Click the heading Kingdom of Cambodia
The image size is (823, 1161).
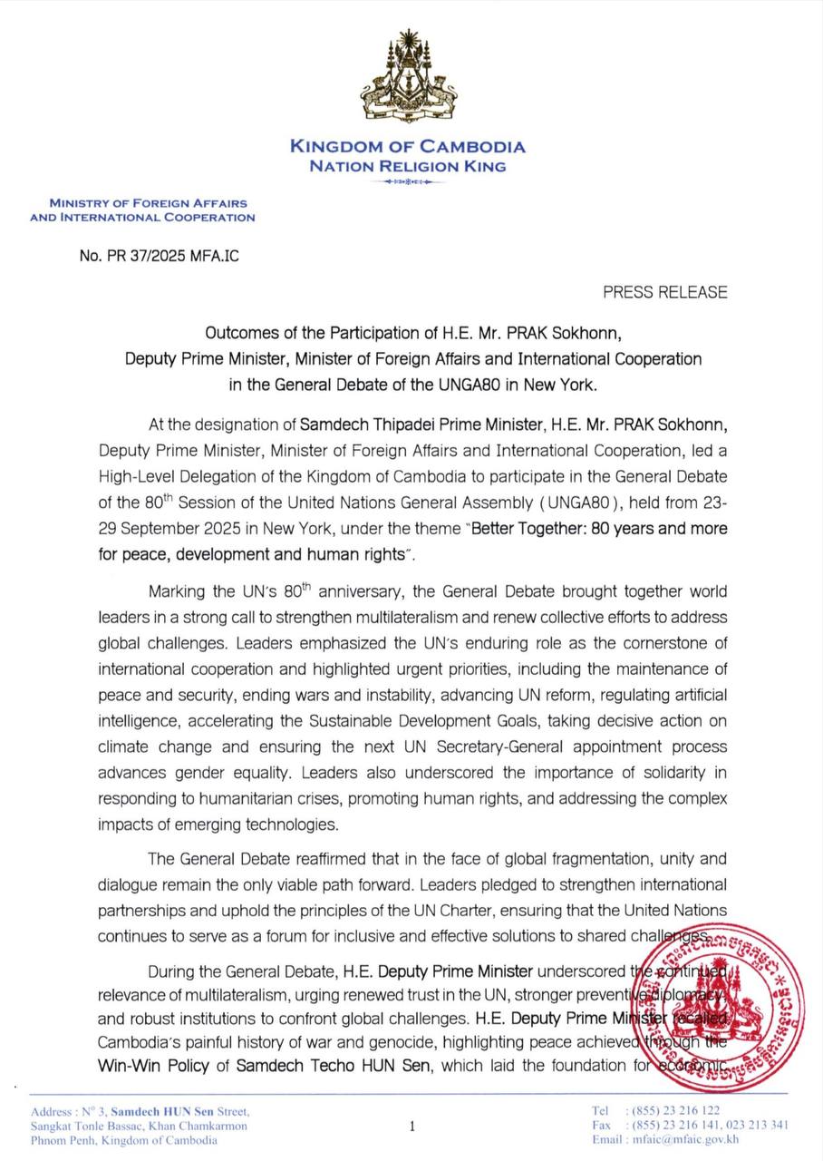(x=407, y=147)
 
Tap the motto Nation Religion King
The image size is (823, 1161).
(x=407, y=166)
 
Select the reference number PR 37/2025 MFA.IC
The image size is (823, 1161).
(x=160, y=256)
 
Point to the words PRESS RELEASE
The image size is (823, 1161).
(x=664, y=292)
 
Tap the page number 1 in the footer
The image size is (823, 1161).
(x=411, y=1127)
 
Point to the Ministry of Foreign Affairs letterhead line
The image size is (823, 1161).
(x=147, y=204)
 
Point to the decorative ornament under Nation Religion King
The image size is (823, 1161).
(x=407, y=182)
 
